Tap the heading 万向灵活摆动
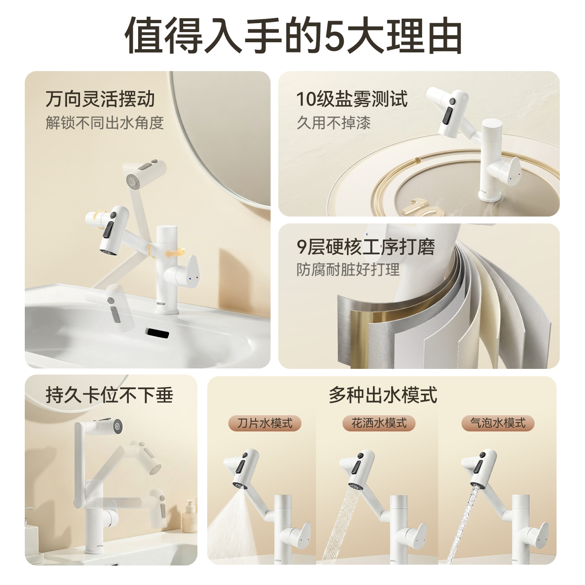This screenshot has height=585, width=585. point(100,99)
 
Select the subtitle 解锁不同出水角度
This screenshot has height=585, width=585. point(105,123)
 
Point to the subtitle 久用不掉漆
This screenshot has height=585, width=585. point(334,123)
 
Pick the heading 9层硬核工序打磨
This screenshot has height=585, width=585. point(366,247)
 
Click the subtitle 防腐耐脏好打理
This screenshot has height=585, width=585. point(348,269)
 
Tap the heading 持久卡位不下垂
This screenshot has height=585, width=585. point(109,395)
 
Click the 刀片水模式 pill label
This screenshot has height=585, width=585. point(265,423)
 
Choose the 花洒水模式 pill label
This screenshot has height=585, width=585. point(379,423)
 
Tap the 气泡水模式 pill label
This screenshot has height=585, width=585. point(498,423)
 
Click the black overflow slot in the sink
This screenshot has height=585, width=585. point(157,333)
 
